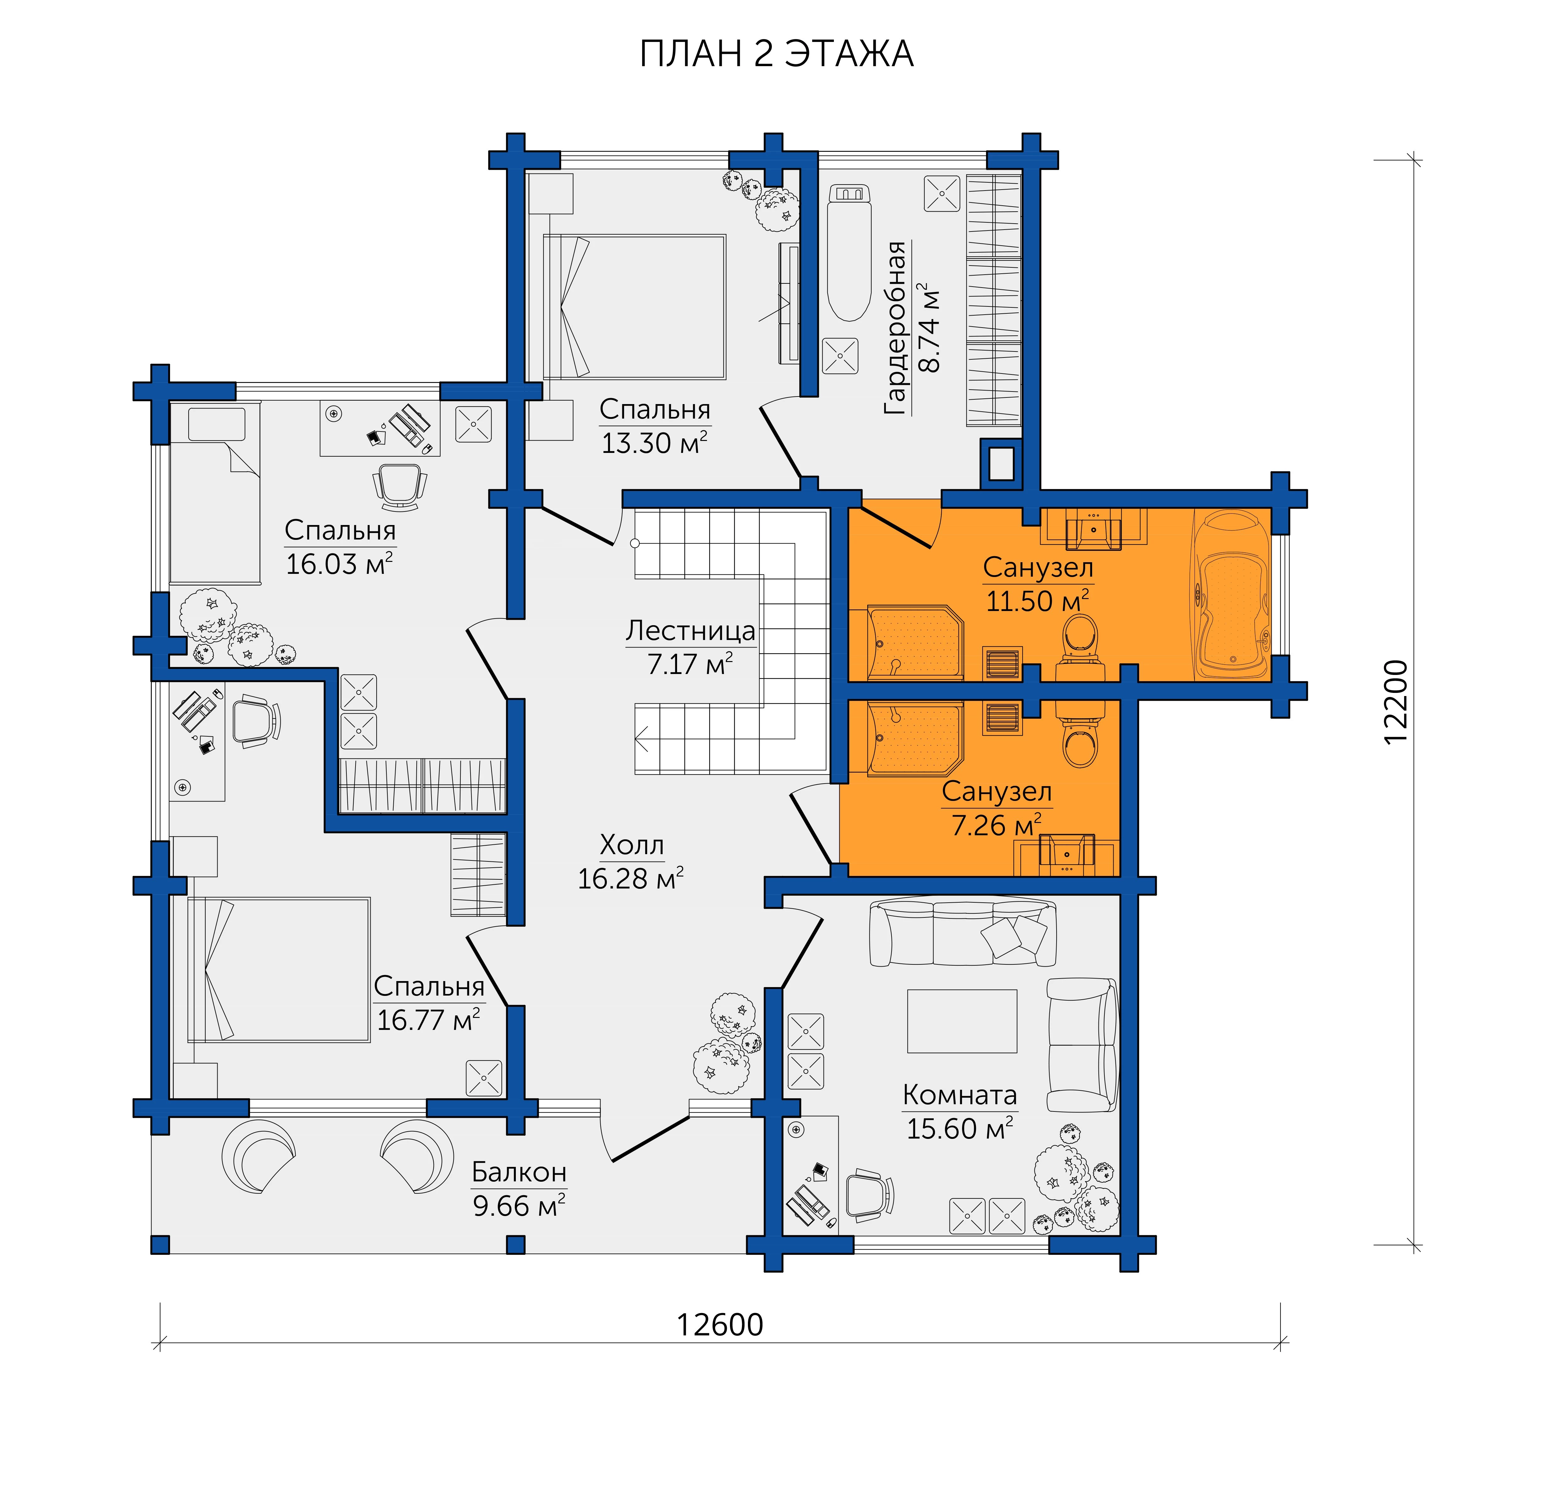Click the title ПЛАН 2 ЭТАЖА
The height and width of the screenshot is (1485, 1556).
[x=776, y=54]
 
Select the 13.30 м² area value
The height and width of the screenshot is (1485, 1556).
[x=654, y=443]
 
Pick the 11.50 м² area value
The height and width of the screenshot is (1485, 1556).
[x=1037, y=601]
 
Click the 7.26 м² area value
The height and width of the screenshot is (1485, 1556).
[x=996, y=825]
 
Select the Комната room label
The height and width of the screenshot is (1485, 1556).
[x=959, y=1095]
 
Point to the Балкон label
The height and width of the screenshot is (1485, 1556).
[x=519, y=1172]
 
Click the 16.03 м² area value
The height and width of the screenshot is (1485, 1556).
[x=339, y=563]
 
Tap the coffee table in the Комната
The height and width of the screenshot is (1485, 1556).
[x=962, y=1020]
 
